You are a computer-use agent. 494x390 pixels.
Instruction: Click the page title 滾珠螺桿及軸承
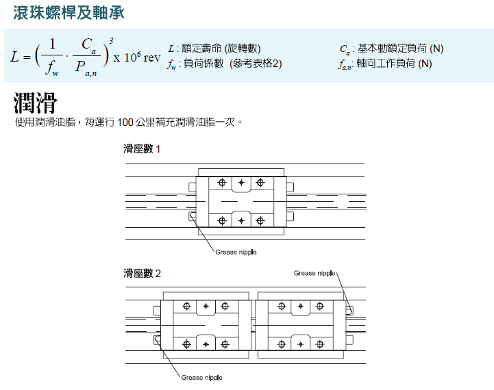(x=69, y=13)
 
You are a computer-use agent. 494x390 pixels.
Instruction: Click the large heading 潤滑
(x=36, y=103)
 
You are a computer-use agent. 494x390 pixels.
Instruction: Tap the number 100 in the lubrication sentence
(x=125, y=122)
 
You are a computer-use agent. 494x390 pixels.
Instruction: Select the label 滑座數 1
(x=142, y=148)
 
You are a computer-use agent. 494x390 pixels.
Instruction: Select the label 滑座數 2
(x=142, y=273)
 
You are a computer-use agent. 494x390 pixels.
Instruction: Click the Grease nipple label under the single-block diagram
(x=236, y=252)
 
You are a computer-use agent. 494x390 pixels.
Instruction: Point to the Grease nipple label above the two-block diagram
(x=314, y=273)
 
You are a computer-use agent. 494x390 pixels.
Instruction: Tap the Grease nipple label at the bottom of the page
(x=201, y=378)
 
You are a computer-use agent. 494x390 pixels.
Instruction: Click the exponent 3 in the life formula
(x=111, y=41)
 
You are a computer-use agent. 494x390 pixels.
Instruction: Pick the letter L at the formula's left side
(x=15, y=57)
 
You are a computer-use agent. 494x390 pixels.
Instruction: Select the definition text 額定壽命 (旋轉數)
(x=221, y=49)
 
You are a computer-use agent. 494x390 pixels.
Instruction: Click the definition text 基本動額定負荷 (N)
(x=400, y=49)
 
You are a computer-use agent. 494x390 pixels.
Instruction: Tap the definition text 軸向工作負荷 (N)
(x=394, y=64)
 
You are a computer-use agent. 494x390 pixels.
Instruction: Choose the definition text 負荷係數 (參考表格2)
(x=232, y=64)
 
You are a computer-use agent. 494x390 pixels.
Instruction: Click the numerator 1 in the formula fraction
(x=52, y=44)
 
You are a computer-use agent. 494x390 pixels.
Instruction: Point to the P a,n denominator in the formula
(x=86, y=68)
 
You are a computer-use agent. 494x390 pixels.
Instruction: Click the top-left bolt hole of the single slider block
(x=222, y=183)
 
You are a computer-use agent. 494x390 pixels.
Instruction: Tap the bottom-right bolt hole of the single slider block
(x=260, y=221)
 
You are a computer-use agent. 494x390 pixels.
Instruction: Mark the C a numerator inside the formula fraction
(x=88, y=45)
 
